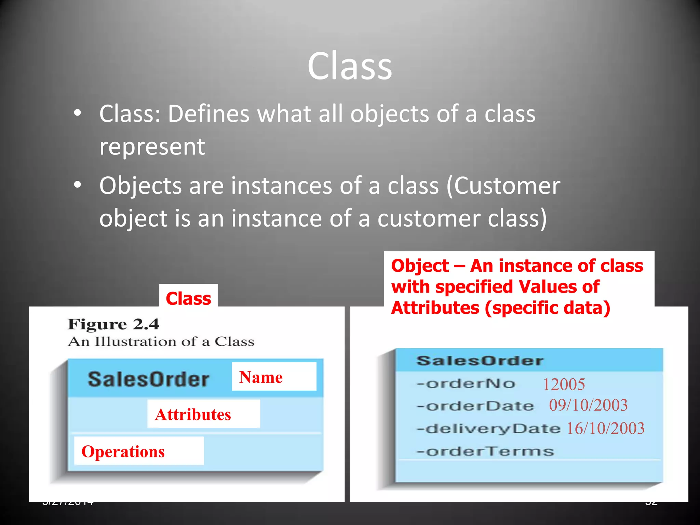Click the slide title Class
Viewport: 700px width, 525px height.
click(x=350, y=66)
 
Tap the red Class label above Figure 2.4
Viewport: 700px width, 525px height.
click(x=188, y=298)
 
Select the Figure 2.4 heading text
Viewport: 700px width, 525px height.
click(x=113, y=324)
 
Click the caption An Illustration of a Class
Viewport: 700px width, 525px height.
click(x=161, y=341)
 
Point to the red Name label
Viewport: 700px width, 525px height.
click(x=261, y=377)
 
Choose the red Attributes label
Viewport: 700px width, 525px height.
click(x=193, y=414)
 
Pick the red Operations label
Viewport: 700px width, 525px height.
click(x=123, y=452)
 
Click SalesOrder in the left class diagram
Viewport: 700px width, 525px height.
click(x=148, y=379)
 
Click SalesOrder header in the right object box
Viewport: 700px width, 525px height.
click(x=480, y=361)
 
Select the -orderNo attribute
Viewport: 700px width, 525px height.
click(x=466, y=384)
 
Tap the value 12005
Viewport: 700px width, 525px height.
click(x=564, y=384)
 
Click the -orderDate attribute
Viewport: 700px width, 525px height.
click(x=475, y=406)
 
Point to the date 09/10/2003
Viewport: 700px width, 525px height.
click(x=588, y=405)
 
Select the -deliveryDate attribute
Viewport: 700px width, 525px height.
click(x=488, y=429)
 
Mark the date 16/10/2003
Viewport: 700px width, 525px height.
click(x=605, y=428)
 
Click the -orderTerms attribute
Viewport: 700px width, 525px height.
click(x=485, y=452)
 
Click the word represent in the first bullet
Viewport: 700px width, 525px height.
click(x=152, y=147)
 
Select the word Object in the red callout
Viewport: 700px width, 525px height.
click(x=420, y=266)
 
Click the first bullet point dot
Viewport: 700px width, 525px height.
click(x=78, y=113)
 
